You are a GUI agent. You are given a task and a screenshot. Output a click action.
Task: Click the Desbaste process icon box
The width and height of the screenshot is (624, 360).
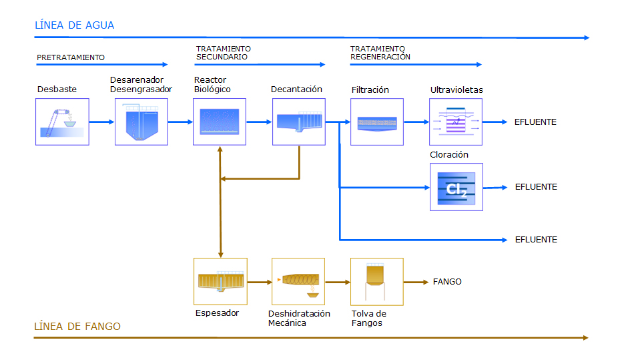[x=62, y=122]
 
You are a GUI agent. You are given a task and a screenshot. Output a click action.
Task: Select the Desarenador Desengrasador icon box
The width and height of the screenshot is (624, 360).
[x=141, y=122]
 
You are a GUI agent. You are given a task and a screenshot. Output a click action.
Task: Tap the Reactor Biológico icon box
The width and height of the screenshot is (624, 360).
[x=220, y=122]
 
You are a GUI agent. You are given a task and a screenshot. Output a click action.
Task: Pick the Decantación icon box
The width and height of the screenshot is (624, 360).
[x=298, y=122]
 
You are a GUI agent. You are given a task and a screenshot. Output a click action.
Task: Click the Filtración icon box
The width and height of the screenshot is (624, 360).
[x=377, y=122]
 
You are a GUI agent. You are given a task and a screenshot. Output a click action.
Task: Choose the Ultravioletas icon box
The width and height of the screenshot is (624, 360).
[x=456, y=122]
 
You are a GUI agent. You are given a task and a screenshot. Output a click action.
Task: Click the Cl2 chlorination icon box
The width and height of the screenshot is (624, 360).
[x=456, y=187]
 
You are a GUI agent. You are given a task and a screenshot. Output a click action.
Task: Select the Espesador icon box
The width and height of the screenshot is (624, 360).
[x=220, y=281]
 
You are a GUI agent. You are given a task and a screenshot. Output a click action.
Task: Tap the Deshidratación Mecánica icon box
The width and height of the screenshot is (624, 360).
[x=298, y=281]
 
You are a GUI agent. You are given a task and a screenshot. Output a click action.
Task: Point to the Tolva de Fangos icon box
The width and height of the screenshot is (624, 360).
[x=377, y=281]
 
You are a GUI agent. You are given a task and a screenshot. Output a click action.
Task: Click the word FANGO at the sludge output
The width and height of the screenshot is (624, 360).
[x=447, y=282]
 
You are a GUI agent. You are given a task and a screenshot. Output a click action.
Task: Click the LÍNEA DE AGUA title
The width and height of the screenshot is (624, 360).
[x=74, y=25]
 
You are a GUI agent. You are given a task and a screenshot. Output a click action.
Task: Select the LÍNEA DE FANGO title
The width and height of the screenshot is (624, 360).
[x=77, y=327]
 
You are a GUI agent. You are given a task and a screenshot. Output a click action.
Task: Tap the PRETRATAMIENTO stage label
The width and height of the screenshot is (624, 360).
[x=71, y=58]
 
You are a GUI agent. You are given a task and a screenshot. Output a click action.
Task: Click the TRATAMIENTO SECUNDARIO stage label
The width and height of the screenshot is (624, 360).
[x=223, y=53]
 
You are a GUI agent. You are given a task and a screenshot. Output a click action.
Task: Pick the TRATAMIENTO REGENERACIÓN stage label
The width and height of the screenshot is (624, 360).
[x=380, y=53]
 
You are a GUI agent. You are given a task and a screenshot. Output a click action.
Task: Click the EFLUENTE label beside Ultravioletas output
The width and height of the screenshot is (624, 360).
[x=535, y=122]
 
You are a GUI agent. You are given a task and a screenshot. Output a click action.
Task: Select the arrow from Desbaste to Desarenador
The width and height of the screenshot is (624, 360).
[x=102, y=122]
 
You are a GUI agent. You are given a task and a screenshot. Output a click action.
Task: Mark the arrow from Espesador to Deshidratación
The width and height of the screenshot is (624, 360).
[x=259, y=283]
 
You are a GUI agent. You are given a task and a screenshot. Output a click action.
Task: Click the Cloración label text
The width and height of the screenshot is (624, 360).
[x=449, y=155]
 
